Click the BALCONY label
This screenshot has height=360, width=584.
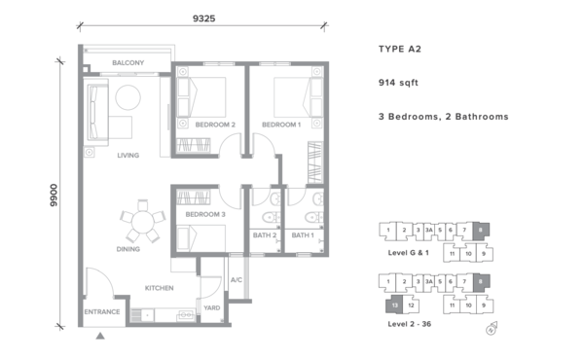128,63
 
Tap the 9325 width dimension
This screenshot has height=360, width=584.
203,18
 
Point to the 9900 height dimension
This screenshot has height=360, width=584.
54,195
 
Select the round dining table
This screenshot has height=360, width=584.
143,222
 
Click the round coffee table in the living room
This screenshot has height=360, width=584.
128,97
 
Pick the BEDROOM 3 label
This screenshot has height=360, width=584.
205,214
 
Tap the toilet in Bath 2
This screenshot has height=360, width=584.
271,217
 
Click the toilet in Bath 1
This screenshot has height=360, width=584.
313,217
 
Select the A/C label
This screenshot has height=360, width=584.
237,280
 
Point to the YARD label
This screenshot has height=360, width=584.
212,307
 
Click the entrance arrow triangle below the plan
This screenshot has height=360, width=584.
100,336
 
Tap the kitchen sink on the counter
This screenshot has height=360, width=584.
186,315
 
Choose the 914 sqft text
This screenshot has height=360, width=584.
398,83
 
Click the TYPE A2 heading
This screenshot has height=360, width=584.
400,50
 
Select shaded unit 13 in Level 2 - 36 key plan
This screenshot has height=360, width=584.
395,305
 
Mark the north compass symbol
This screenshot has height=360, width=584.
492,328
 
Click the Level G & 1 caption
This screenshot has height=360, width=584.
408,253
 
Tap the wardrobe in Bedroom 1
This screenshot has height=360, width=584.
315,162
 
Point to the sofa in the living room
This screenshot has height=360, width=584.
97,113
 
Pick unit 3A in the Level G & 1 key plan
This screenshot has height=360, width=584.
429,230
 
